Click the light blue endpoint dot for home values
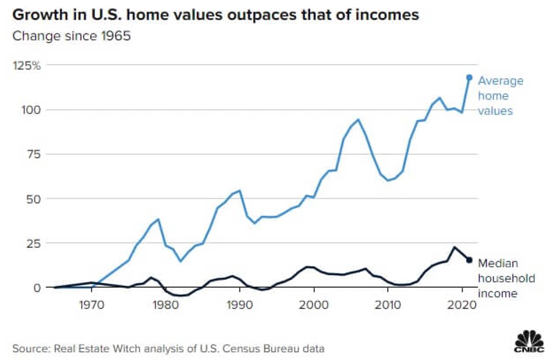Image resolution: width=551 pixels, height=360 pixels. click(469, 78)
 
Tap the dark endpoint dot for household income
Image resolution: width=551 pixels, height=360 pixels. click(469, 260)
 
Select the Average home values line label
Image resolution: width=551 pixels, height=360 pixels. click(501, 96)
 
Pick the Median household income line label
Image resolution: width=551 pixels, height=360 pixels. click(506, 278)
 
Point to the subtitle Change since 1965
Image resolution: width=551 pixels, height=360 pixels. click(71, 36)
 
